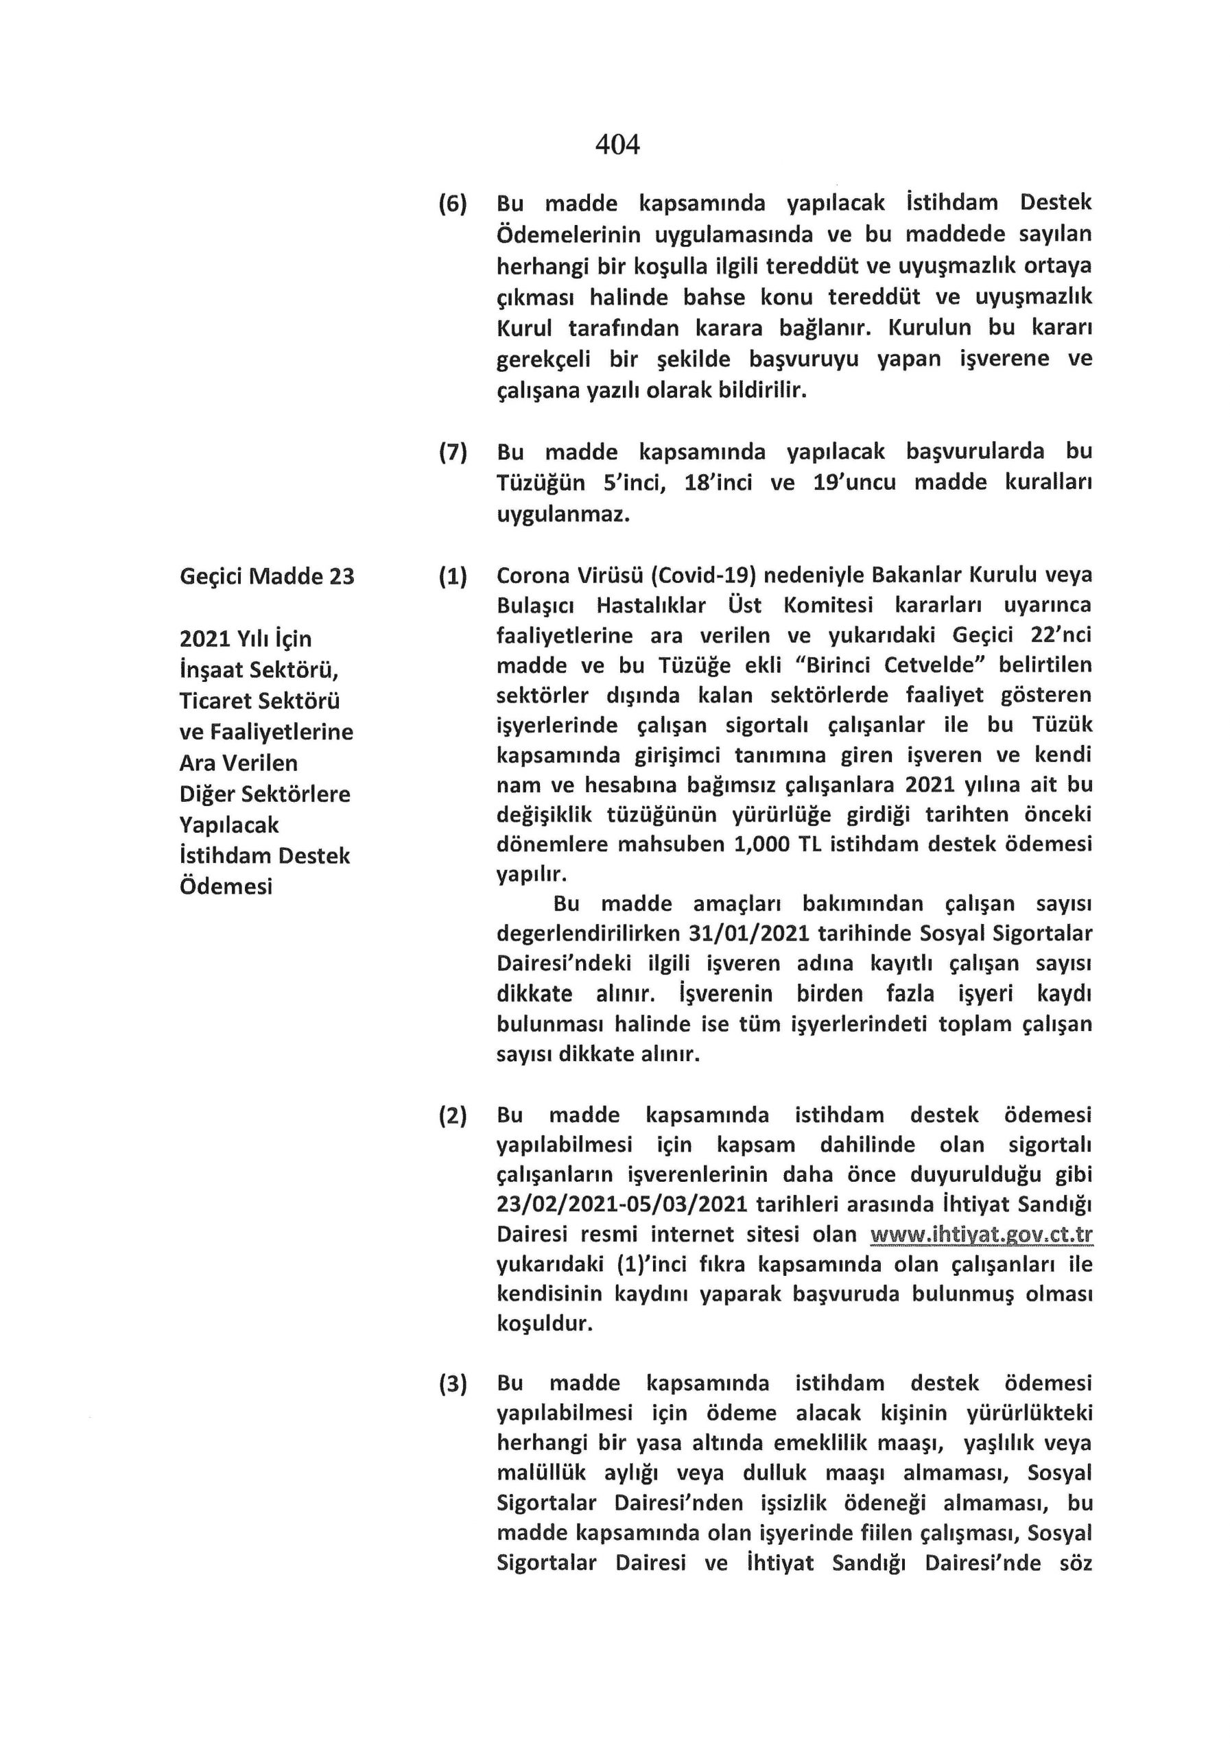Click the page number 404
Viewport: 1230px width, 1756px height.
(617, 144)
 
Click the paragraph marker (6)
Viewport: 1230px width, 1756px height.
(452, 204)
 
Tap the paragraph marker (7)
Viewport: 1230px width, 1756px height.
(452, 452)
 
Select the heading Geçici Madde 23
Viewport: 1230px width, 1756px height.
(267, 576)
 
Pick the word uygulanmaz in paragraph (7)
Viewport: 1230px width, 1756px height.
(563, 514)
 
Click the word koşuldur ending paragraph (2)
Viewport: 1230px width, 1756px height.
(545, 1324)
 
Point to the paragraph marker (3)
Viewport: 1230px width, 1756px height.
(452, 1384)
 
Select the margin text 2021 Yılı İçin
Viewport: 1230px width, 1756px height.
(246, 639)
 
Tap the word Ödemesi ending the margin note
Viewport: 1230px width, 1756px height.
(226, 886)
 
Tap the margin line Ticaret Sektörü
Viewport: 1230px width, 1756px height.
(259, 700)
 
